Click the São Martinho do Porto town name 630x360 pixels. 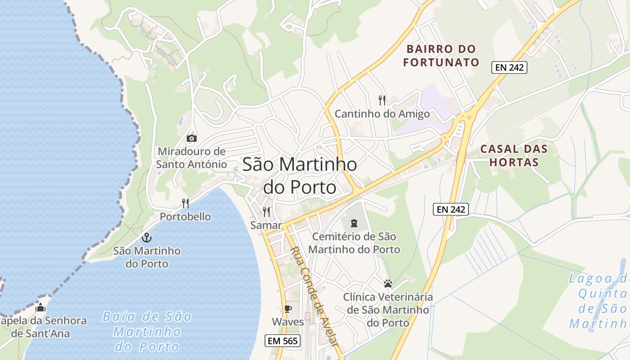tap(300, 175)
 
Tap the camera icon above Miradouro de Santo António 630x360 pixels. tap(191, 138)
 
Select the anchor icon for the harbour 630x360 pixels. tap(146, 237)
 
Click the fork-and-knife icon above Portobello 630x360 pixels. tap(185, 203)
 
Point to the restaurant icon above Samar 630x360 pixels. tap(266, 211)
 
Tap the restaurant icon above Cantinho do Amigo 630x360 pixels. tap(382, 100)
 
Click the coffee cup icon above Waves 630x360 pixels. tap(288, 309)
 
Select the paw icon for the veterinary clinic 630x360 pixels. tap(388, 283)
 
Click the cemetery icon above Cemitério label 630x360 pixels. tap(354, 222)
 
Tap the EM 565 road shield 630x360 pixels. tap(283, 341)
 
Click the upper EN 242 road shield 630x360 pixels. tap(509, 67)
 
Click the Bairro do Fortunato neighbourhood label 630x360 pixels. tap(441, 55)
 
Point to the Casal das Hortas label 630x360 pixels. tap(514, 155)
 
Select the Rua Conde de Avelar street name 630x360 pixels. tap(315, 296)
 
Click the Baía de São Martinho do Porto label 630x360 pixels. tap(147, 332)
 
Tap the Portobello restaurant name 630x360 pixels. tap(185, 216)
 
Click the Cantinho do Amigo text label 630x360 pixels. tap(382, 114)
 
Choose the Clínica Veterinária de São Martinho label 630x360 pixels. tap(388, 310)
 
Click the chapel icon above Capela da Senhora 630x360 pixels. tap(40, 308)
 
